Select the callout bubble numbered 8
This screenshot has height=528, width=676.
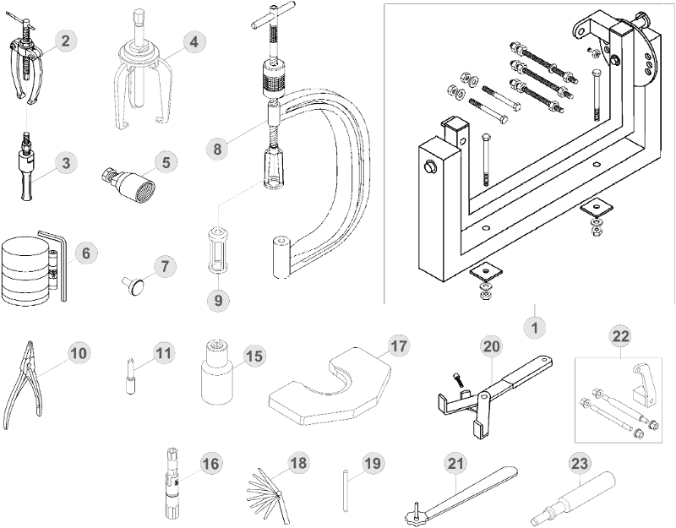[218, 149]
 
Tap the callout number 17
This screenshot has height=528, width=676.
[398, 346]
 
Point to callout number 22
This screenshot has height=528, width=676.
[621, 336]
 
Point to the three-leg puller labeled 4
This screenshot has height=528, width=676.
[142, 80]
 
